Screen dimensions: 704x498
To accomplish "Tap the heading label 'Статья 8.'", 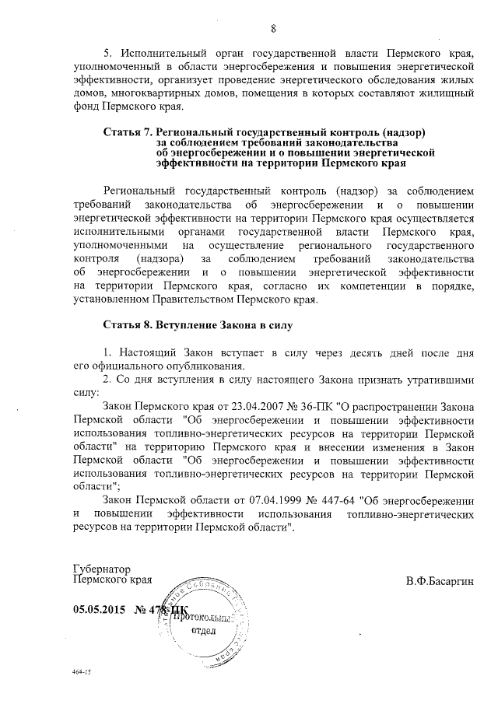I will (128, 321).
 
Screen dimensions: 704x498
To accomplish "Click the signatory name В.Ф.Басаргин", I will (439, 580).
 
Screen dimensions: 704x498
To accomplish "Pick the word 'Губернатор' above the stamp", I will (101, 569).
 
